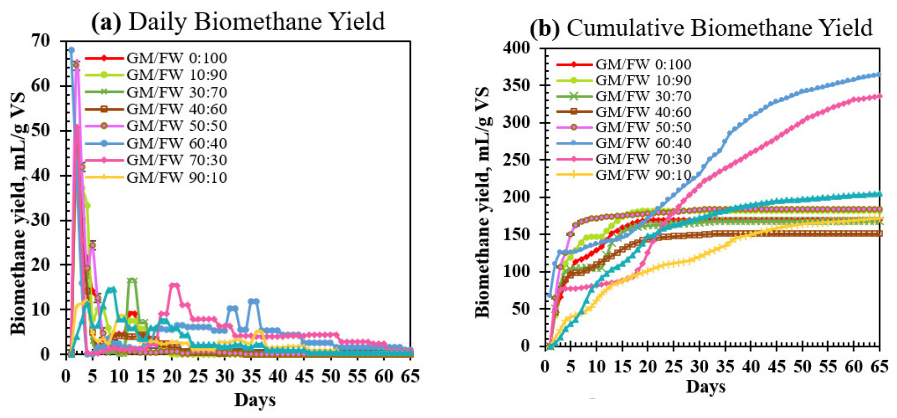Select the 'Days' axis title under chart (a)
point(255,400)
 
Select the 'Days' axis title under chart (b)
point(705,387)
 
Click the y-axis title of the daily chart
point(18,213)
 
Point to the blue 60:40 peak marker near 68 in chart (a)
point(71,50)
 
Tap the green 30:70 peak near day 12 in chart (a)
point(132,280)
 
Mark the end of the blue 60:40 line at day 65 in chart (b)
point(879,75)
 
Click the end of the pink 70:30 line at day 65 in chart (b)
point(879,96)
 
